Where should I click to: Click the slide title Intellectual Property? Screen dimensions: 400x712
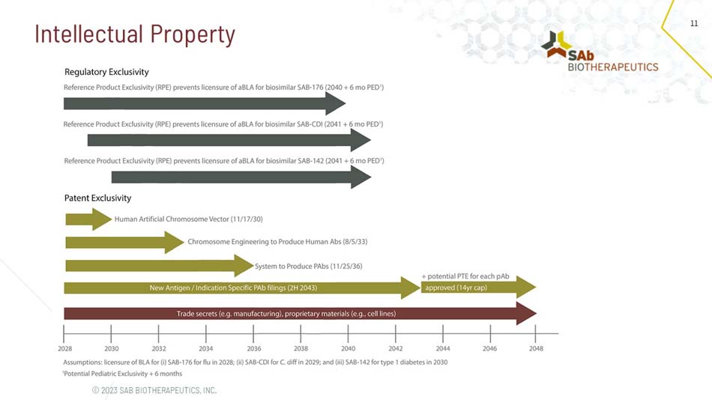pos(135,34)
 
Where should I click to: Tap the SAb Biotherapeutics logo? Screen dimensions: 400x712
pos(600,52)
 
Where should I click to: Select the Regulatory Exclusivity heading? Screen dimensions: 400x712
pos(106,72)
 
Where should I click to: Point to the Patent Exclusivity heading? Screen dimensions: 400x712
pos(97,198)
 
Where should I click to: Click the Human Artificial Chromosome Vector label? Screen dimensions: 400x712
pos(189,219)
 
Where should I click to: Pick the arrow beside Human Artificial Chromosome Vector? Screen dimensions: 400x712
pos(88,219)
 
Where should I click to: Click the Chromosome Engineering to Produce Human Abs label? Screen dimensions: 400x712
pos(277,242)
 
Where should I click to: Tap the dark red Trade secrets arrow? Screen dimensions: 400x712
pos(300,313)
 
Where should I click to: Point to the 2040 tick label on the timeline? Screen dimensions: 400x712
pos(349,348)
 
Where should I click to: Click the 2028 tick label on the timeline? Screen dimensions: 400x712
pos(64,348)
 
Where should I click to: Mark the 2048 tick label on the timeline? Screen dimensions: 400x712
pos(536,348)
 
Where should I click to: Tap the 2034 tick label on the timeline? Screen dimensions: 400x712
pos(206,348)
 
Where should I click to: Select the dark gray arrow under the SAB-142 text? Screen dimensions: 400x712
pos(241,177)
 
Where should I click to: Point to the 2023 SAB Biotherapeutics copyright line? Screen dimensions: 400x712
pos(154,390)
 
